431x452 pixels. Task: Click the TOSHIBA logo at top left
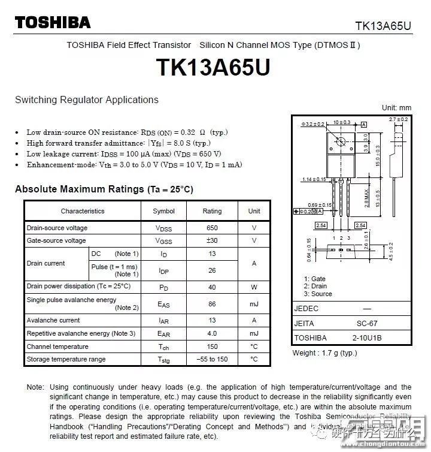[x=53, y=23]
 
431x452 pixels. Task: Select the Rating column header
[x=212, y=211]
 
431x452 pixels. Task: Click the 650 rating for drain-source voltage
[x=212, y=228]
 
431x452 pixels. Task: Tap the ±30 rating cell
[x=212, y=240]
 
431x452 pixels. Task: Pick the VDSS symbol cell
[x=163, y=228]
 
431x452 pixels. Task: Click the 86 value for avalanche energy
[x=212, y=304]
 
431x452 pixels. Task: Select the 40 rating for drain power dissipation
[x=212, y=287]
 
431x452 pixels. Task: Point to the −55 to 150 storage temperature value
[x=212, y=359]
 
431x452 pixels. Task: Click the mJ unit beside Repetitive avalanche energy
[x=254, y=333]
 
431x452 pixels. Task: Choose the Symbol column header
[x=163, y=211]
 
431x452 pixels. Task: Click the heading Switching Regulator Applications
[x=87, y=100]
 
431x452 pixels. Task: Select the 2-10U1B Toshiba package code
[x=367, y=338]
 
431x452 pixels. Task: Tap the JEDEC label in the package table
[x=306, y=309]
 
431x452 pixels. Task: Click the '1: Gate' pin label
[x=314, y=279]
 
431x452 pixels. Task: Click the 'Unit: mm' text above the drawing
[x=396, y=108]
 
